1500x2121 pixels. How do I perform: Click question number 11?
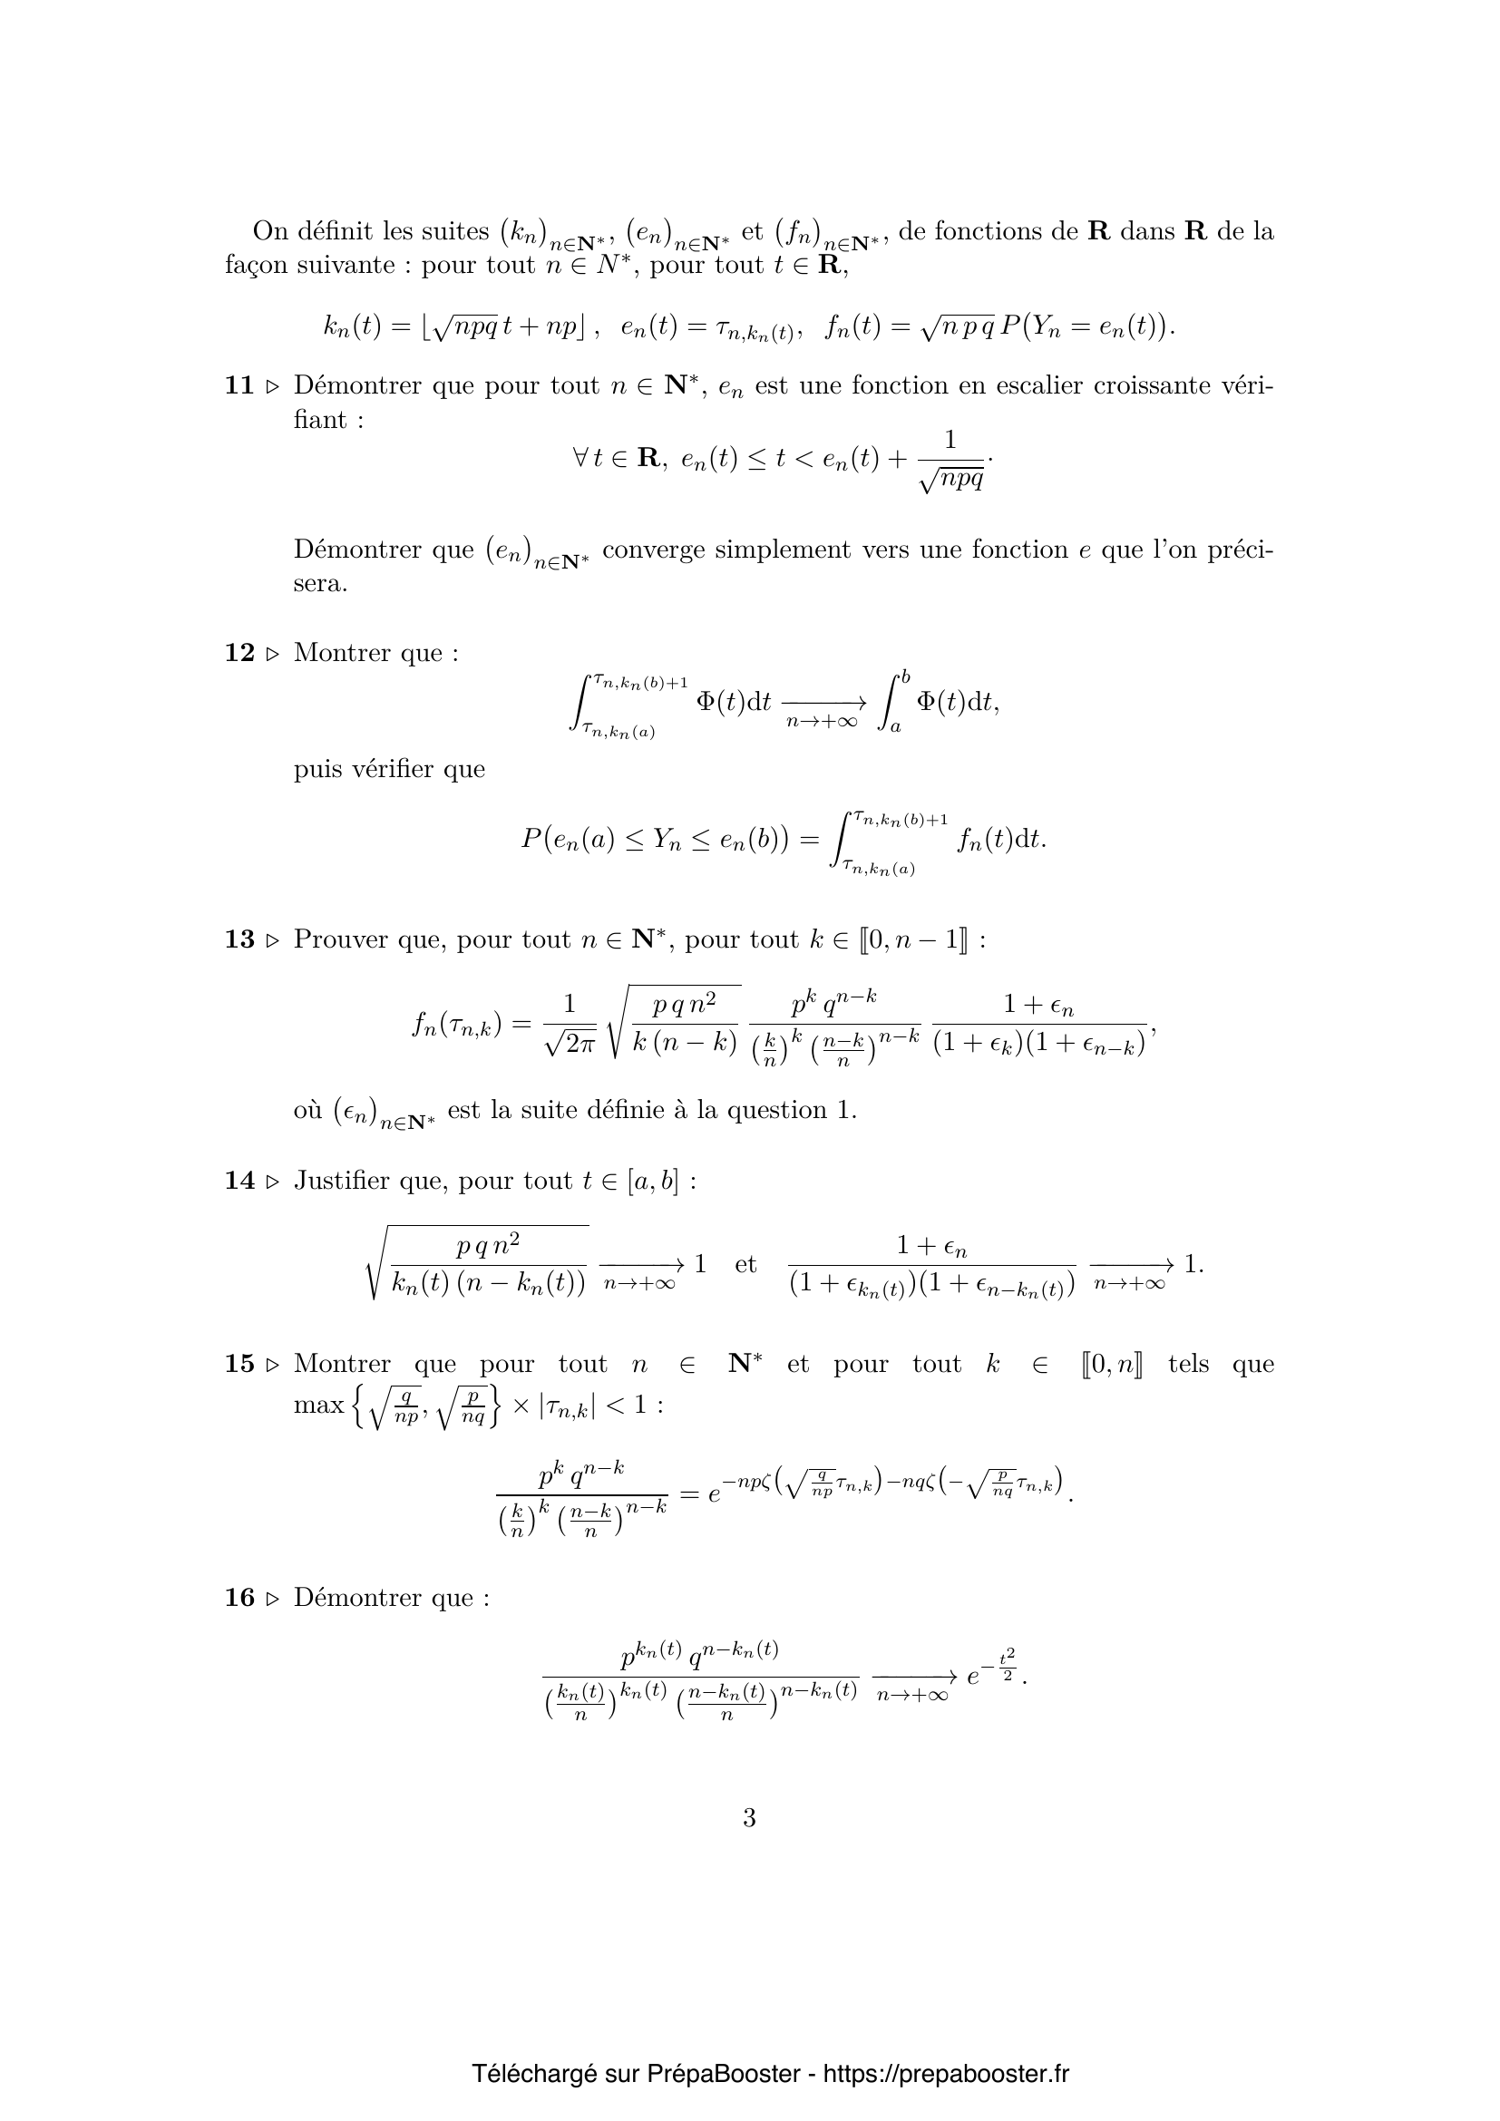pos(239,386)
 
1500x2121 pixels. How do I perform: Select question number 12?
pos(239,653)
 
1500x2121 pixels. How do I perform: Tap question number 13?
pos(239,939)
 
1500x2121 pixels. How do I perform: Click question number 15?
pos(239,1365)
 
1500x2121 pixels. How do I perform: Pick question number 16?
pos(239,1598)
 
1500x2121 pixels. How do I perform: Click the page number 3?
pos(749,1818)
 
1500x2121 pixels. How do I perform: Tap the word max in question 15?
pos(317,1406)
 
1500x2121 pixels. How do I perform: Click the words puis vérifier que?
pos(389,770)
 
